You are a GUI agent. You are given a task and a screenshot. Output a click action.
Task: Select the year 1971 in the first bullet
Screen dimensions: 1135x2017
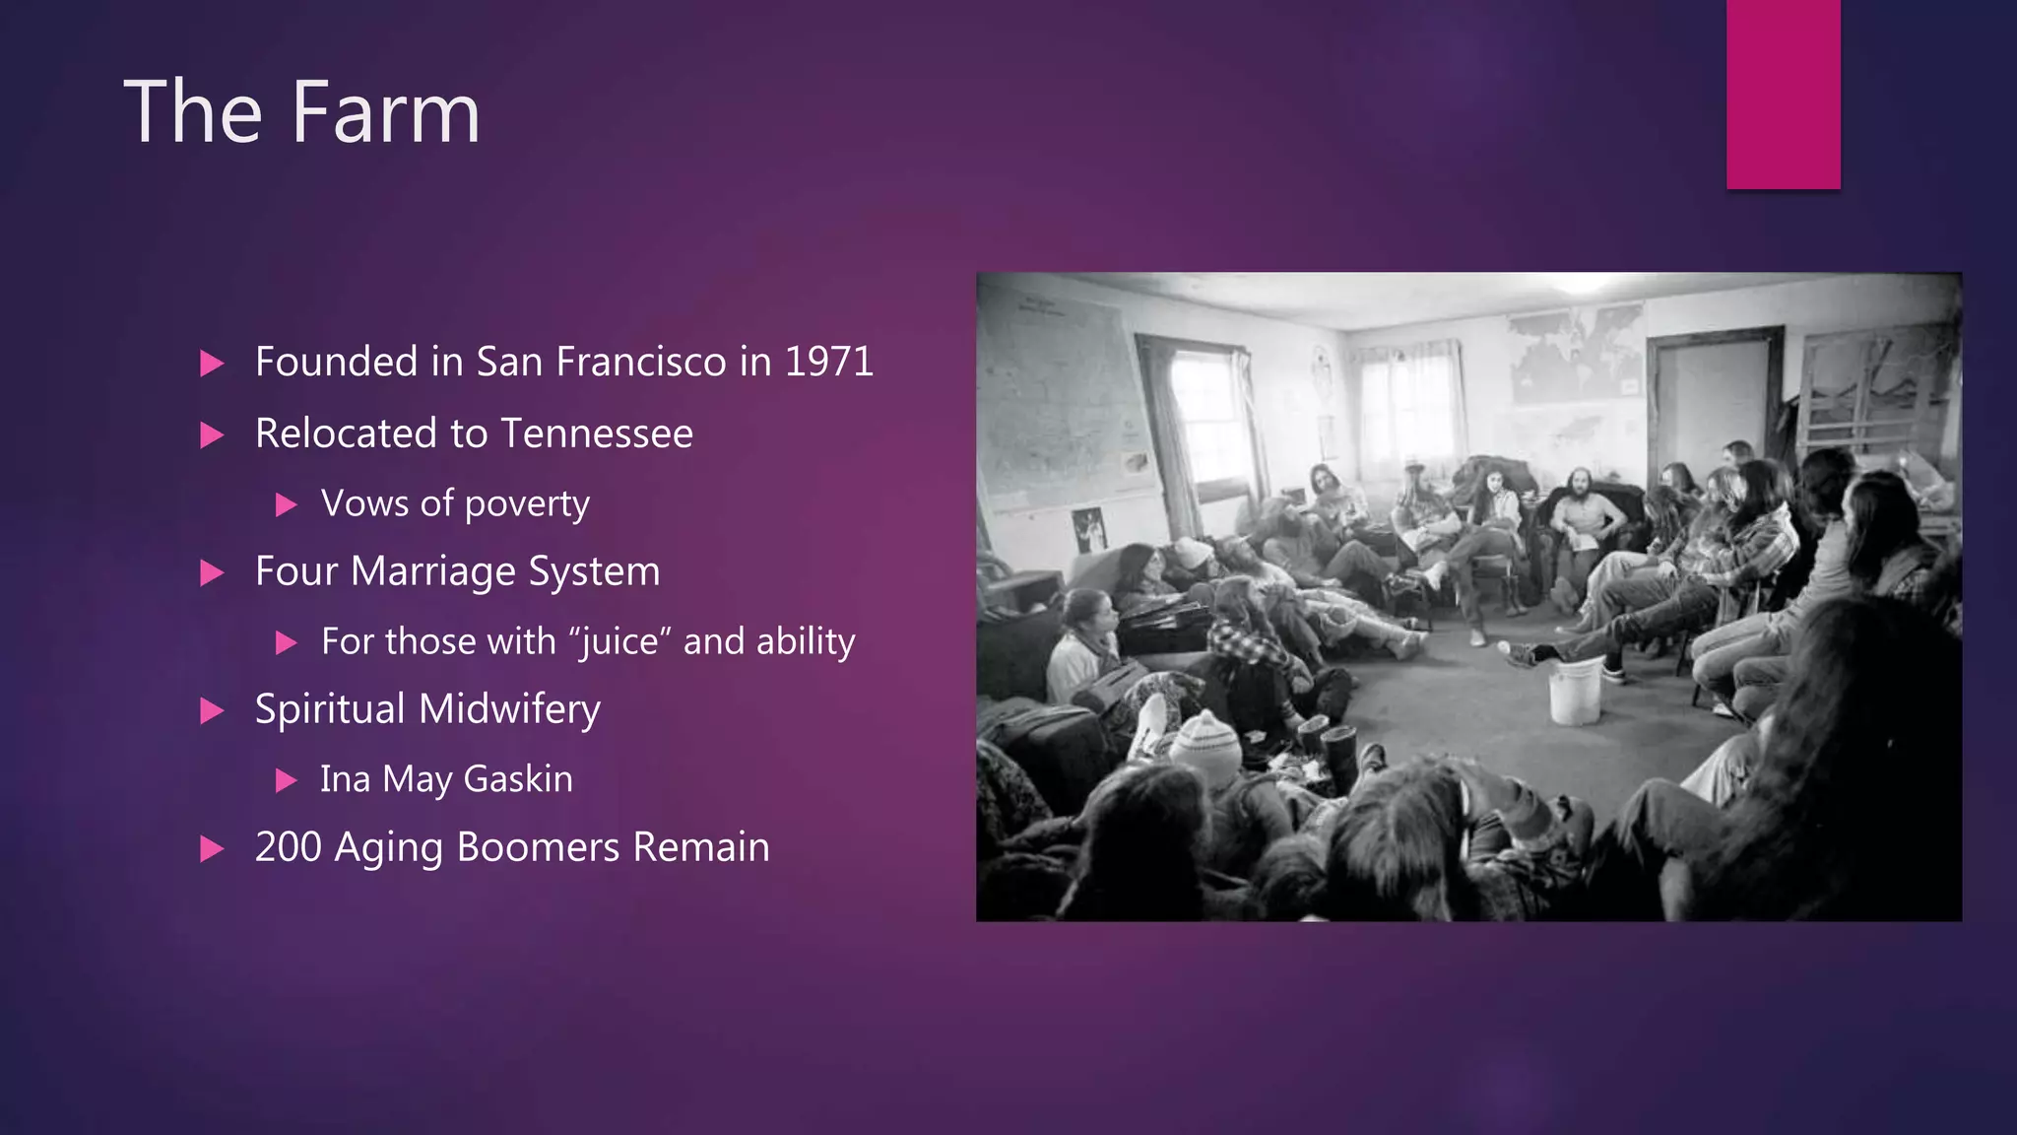[x=828, y=362]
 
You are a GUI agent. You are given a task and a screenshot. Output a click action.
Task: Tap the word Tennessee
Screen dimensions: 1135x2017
[x=596, y=434]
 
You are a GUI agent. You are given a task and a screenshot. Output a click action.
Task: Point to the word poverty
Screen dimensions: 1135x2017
[x=527, y=504]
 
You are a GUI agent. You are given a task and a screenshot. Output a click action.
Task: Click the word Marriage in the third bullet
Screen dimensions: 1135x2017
[x=438, y=571]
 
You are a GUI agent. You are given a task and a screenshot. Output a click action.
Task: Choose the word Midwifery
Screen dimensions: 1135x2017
[x=509, y=709]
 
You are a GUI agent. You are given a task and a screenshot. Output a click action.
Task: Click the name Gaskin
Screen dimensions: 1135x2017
[x=517, y=779]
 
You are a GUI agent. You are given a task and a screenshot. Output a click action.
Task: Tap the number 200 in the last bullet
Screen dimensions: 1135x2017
[x=288, y=847]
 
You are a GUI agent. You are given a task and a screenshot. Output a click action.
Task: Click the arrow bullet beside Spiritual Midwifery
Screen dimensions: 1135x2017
[x=212, y=710]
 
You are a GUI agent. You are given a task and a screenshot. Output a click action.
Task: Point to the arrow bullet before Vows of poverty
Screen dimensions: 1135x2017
[x=286, y=505]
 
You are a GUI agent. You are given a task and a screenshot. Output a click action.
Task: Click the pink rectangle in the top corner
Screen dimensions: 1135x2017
[x=1783, y=94]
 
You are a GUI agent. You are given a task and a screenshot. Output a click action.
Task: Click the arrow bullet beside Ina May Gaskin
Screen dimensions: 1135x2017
[x=286, y=781]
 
